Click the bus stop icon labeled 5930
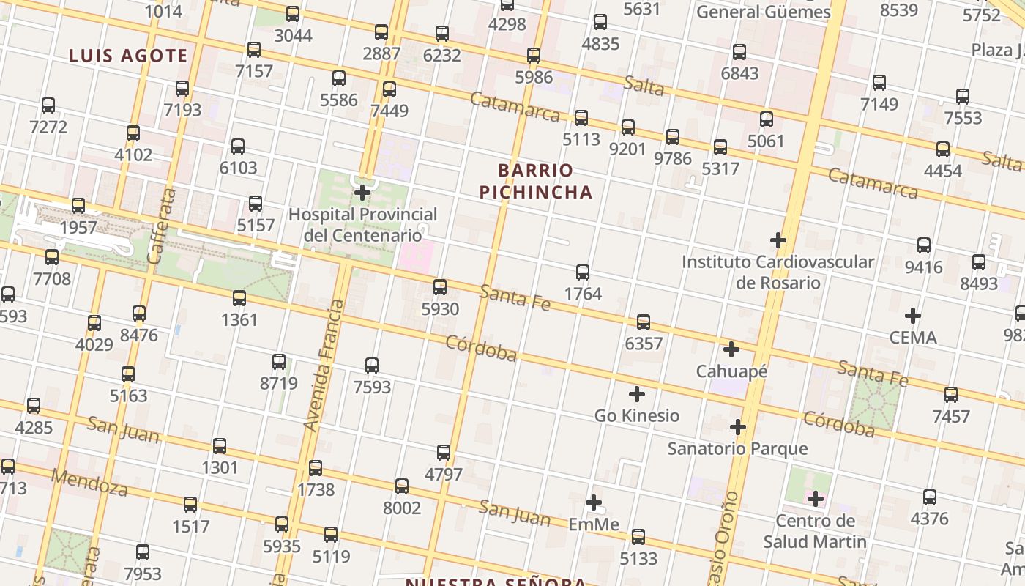point(440,287)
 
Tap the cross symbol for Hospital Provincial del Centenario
point(362,193)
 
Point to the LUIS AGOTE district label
point(129,56)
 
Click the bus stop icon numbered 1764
point(583,272)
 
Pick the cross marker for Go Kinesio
point(637,394)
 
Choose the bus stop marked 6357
point(644,322)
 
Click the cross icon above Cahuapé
point(731,349)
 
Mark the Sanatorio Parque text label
point(737,448)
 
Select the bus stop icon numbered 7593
point(372,365)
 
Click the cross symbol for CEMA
point(912,316)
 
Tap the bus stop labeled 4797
point(444,453)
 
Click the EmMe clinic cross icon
point(594,502)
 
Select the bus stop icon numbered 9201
point(628,127)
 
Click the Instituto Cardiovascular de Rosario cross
point(778,240)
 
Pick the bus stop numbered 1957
point(78,206)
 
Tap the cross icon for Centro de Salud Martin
point(816,500)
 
